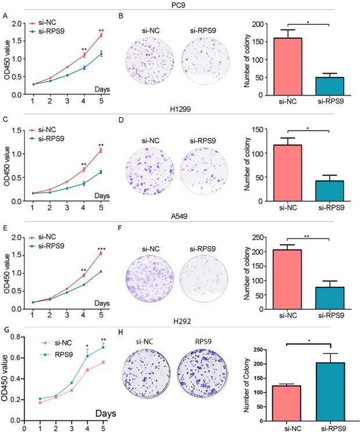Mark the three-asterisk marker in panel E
tap(101, 249)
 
